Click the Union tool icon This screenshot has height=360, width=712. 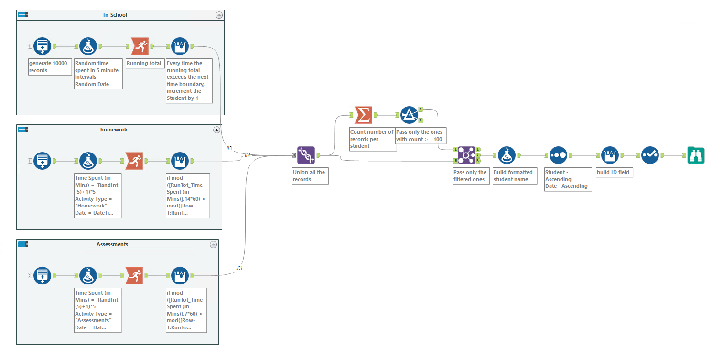coord(306,155)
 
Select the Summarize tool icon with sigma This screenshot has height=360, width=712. coord(363,115)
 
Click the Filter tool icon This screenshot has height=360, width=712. coord(409,115)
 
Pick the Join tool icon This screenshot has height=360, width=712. coord(466,155)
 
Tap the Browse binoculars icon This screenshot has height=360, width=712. coord(696,155)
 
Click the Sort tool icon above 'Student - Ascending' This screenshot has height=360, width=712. coord(558,155)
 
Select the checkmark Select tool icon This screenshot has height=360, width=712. coord(650,155)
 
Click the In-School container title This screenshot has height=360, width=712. coord(115,15)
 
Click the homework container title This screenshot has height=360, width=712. coord(114,130)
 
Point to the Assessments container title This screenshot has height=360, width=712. coord(112,244)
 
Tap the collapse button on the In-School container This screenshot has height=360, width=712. coord(219,15)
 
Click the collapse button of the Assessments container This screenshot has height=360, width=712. coord(213,244)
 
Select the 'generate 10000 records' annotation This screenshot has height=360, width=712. coord(50,67)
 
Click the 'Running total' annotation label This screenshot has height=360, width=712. coord(144,63)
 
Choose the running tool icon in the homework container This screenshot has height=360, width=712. coord(134,161)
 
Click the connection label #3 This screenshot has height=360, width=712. coord(239,268)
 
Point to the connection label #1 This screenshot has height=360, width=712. coord(229,148)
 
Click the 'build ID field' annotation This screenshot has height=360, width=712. coord(614,172)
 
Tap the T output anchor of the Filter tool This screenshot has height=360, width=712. coord(420,109)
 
